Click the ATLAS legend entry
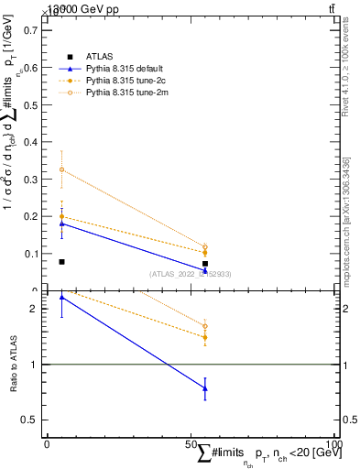click(x=99, y=57)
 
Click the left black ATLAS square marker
click(x=61, y=262)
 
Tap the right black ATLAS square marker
click(x=205, y=264)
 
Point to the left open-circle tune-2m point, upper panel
click(x=61, y=169)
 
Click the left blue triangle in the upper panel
click(x=61, y=223)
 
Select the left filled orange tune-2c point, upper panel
click(x=61, y=216)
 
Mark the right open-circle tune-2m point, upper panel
click(x=205, y=246)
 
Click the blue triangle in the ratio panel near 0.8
click(x=205, y=388)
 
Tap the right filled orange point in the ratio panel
click(x=205, y=337)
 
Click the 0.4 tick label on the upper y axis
click(x=31, y=141)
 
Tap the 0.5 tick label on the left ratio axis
click(x=31, y=420)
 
